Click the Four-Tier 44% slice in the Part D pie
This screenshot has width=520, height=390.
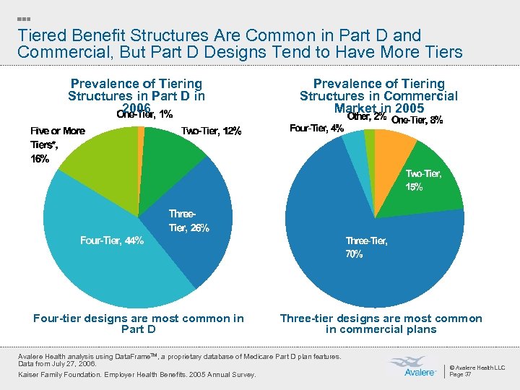coord(101,260)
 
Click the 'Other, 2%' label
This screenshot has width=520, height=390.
coord(367,117)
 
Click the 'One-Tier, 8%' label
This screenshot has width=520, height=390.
coord(417,120)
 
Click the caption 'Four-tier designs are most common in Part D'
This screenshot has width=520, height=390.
coord(139,324)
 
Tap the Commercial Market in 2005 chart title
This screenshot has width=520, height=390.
coord(379,96)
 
